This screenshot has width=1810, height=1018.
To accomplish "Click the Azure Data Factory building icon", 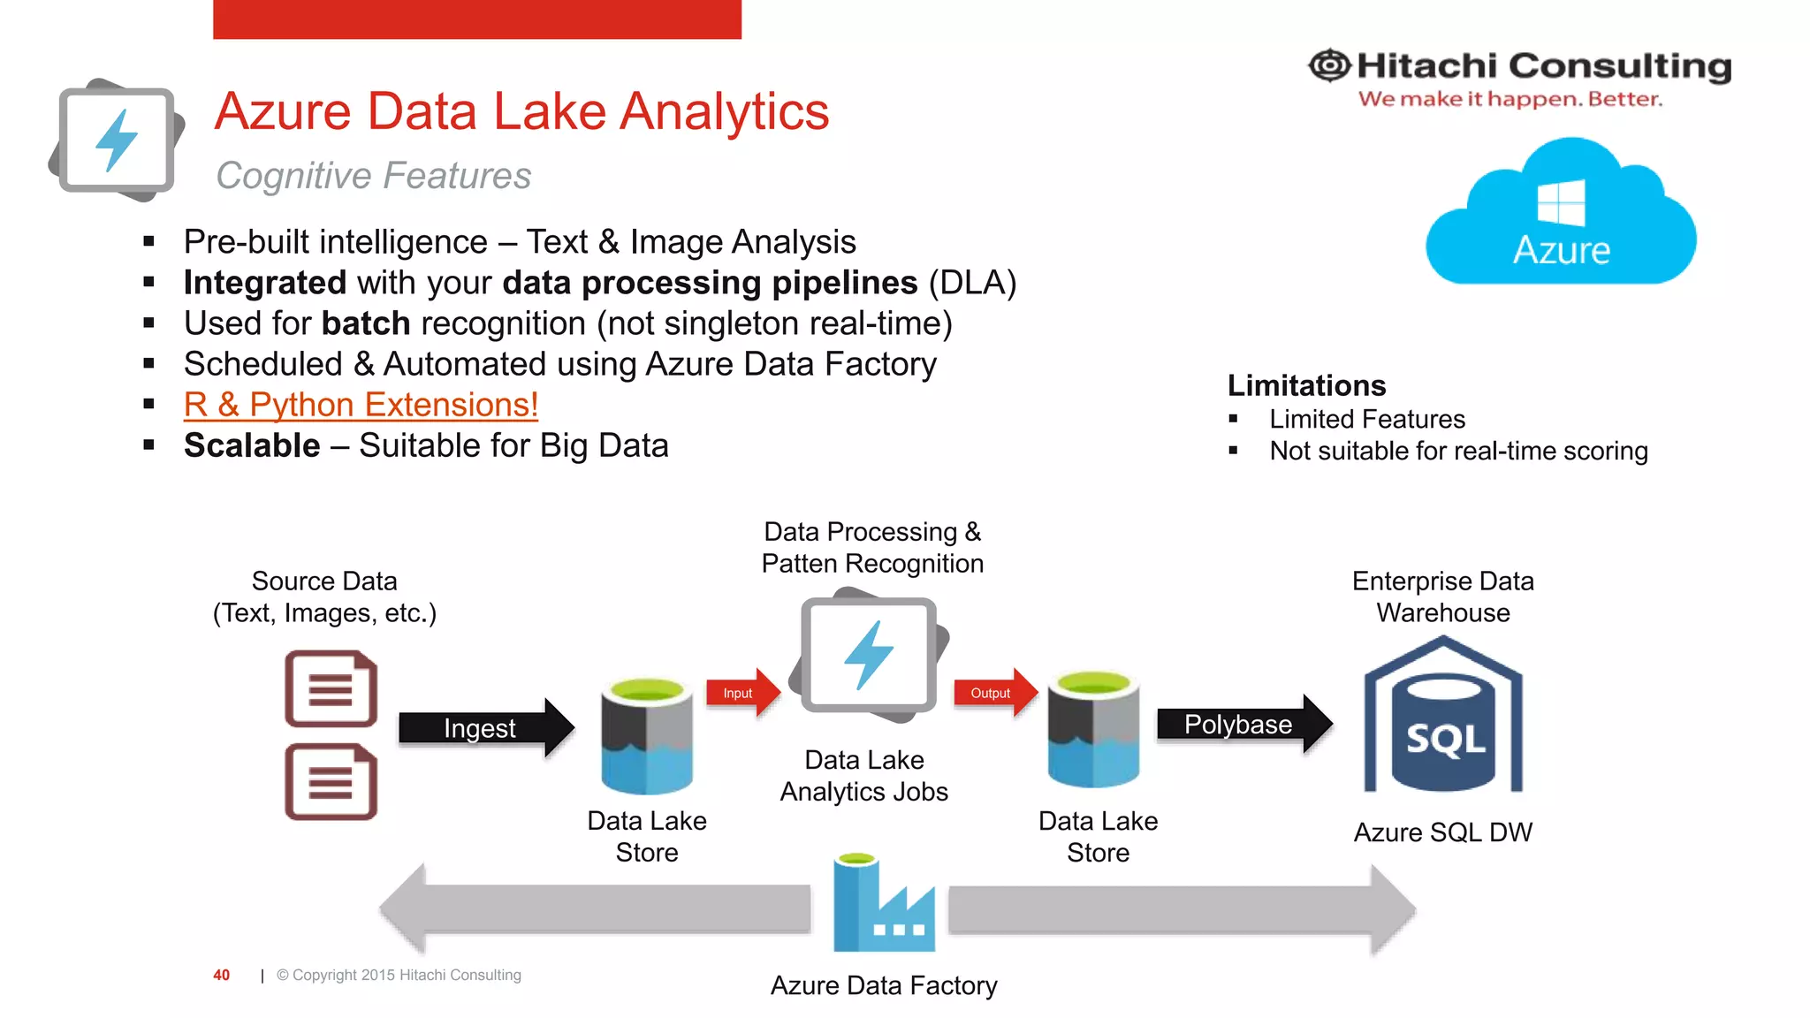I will (x=883, y=905).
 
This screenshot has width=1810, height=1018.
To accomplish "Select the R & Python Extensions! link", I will (x=361, y=405).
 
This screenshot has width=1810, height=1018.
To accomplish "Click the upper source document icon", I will (x=331, y=688).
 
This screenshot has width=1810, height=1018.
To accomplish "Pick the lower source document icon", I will (x=331, y=782).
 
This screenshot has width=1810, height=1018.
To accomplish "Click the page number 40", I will (x=221, y=975).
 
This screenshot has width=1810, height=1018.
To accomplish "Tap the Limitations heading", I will (x=1306, y=385).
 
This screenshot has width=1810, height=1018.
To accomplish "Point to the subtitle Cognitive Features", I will (x=373, y=176).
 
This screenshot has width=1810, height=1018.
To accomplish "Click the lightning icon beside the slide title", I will (x=117, y=140).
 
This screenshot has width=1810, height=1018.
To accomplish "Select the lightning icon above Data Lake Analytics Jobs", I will (x=869, y=656).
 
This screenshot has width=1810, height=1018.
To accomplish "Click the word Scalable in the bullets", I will (x=252, y=445).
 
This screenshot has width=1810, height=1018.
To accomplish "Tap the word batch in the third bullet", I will (x=366, y=323).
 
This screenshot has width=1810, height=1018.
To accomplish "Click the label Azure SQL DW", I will (x=1442, y=832).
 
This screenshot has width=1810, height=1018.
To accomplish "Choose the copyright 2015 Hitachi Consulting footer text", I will (x=399, y=975).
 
